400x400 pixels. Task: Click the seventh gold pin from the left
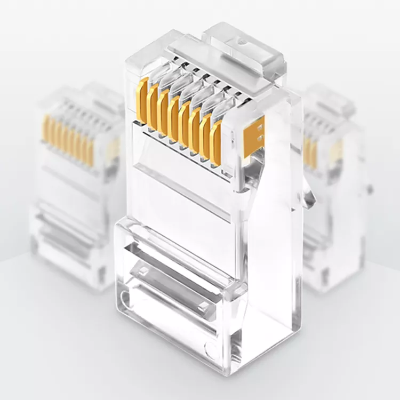tap(206, 136)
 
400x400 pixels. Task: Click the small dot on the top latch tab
tap(243, 39)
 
